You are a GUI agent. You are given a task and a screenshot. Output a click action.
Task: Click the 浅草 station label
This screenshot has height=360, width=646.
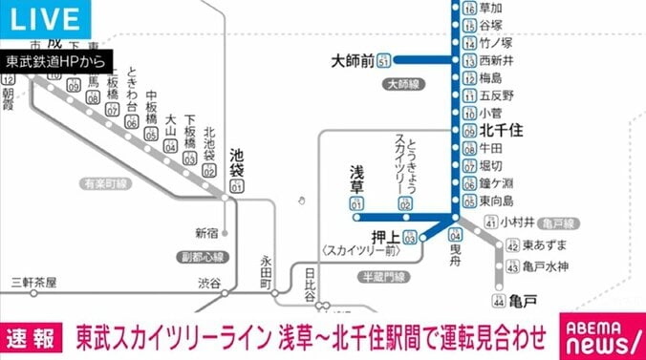(x=357, y=176)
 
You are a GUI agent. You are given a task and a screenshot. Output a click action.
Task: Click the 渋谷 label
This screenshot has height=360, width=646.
(x=209, y=283)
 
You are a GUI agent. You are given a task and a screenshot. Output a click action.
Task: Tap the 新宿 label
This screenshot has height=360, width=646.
(x=206, y=232)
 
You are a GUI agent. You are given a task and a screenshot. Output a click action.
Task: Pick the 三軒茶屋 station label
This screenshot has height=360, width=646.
(x=35, y=283)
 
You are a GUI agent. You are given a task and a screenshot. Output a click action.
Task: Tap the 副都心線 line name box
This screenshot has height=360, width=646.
(x=202, y=257)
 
